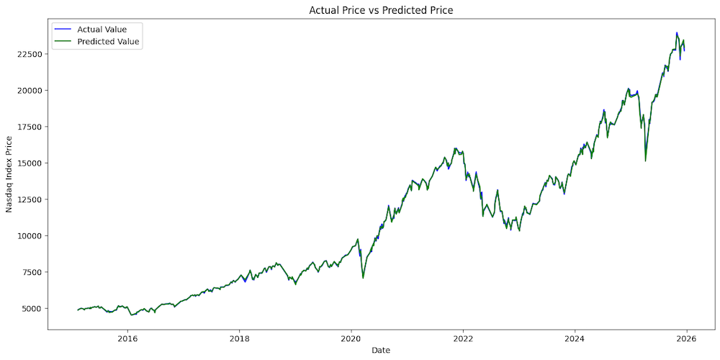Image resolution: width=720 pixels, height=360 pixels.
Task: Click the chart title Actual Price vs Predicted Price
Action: tap(382, 10)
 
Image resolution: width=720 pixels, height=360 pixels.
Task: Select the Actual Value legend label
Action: tap(102, 29)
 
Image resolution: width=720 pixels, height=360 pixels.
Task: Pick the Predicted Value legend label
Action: tap(108, 42)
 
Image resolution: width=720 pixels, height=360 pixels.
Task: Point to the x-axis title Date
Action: tap(382, 350)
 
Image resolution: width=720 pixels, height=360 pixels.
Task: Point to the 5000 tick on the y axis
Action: tap(33, 308)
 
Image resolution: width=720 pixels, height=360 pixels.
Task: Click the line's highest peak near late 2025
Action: tap(677, 33)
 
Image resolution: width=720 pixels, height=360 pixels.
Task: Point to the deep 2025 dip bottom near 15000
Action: tap(645, 161)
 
